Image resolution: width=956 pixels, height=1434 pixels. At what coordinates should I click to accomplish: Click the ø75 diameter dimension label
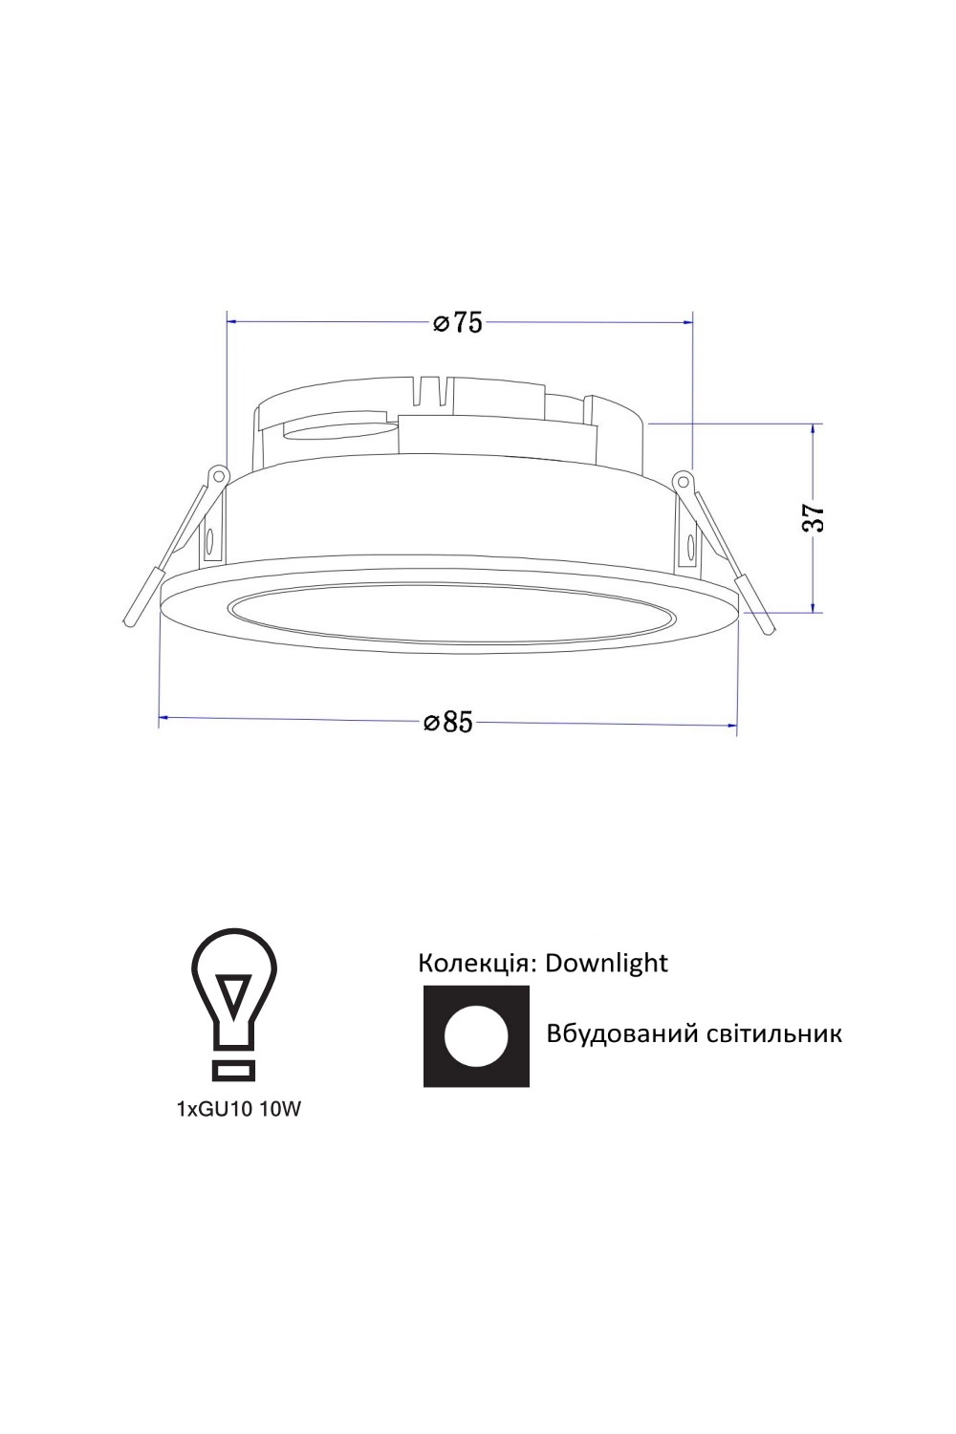[457, 323]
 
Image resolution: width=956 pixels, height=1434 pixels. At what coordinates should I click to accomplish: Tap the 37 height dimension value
[814, 517]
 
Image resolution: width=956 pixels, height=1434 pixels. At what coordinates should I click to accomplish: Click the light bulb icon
[233, 1005]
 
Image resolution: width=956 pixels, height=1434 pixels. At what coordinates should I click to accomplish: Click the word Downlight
[606, 963]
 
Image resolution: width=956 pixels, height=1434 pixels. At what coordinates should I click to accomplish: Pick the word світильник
[765, 1034]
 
